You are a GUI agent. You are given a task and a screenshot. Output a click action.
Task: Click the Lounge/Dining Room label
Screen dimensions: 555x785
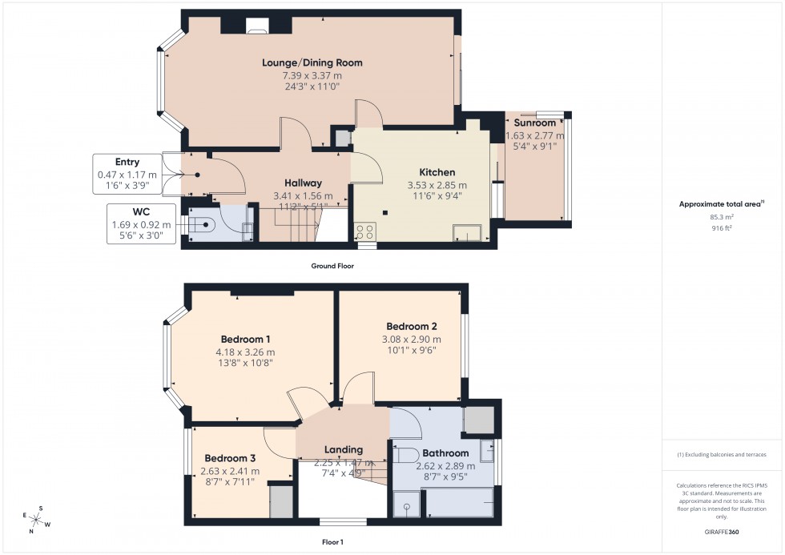point(312,62)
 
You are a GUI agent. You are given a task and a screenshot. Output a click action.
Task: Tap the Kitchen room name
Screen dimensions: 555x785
point(437,172)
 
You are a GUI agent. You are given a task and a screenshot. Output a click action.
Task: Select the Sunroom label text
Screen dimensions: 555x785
point(534,123)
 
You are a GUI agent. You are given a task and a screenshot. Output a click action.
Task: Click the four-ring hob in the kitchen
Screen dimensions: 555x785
point(364,231)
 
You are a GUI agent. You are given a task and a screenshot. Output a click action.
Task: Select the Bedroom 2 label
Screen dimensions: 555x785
point(411,327)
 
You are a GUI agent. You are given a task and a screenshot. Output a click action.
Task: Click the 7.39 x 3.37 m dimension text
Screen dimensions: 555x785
point(312,74)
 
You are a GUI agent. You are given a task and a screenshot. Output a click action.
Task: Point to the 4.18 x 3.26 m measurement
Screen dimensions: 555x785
point(244,352)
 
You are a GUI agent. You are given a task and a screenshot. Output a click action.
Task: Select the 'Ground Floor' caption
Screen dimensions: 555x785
point(333,266)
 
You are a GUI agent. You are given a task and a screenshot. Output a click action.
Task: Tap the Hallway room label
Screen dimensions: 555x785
point(302,183)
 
